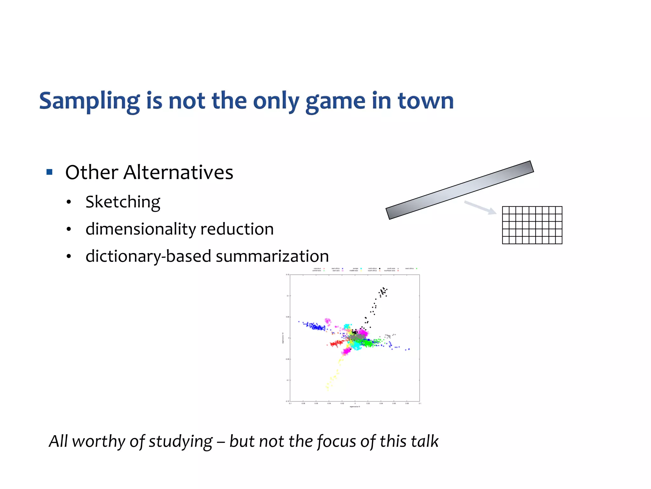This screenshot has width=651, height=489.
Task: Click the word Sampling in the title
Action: (89, 101)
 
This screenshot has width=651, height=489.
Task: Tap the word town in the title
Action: (426, 101)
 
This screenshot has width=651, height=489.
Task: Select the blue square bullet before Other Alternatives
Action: (49, 172)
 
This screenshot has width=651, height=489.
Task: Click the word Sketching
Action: (123, 202)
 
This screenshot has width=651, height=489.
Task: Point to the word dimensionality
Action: (141, 229)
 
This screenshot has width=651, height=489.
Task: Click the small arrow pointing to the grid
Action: (480, 207)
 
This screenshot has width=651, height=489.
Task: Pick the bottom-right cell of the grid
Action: (559, 240)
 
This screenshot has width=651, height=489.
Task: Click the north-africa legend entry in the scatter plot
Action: (373, 268)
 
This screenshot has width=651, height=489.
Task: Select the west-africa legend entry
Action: (410, 268)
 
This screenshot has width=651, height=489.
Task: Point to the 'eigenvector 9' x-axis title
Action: (355, 407)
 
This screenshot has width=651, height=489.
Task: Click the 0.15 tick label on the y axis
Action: (287, 274)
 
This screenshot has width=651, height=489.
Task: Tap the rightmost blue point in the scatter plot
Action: (409, 349)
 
